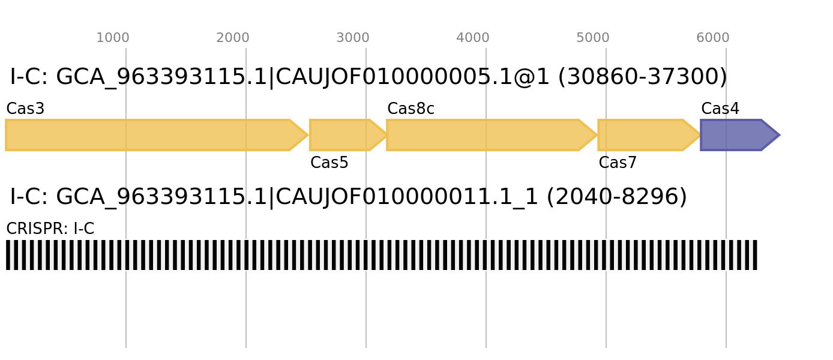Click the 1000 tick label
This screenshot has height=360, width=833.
[113, 38]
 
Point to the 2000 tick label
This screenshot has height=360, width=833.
[233, 38]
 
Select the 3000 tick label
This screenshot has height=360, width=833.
[353, 38]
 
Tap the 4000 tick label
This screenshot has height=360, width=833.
[473, 38]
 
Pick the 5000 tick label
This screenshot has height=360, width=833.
[593, 38]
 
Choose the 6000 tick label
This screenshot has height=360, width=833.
[713, 38]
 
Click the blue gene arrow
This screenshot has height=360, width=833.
[735, 135]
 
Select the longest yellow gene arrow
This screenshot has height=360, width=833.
[150, 135]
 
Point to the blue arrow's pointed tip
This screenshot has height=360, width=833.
[780, 135]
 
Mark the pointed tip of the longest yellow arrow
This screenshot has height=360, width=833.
[308, 135]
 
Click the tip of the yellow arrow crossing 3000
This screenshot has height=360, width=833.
[387, 135]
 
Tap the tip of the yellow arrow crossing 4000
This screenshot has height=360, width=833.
[597, 135]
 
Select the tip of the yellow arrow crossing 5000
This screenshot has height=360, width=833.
[700, 135]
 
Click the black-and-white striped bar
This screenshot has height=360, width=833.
[382, 255]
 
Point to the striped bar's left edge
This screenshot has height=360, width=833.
[5, 255]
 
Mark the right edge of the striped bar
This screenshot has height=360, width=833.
[758, 255]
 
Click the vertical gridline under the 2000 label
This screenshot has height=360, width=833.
[246, 300]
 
